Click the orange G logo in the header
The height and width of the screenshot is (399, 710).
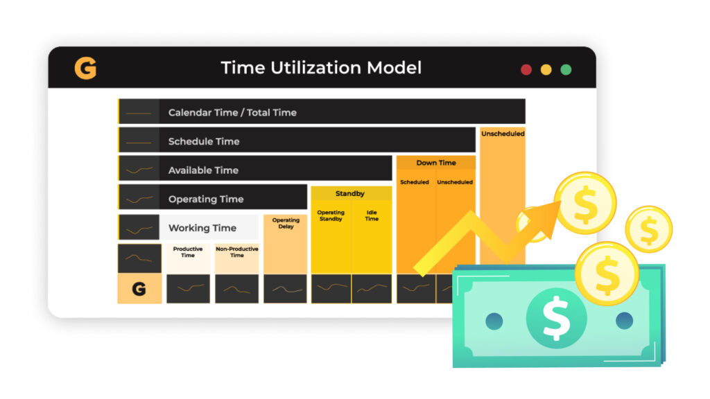[85, 69]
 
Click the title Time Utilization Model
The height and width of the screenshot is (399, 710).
[321, 68]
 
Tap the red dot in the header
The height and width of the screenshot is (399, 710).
[526, 70]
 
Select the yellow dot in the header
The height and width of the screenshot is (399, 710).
[546, 70]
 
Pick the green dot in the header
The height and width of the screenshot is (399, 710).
[566, 70]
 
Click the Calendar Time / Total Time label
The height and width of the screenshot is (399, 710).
[232, 113]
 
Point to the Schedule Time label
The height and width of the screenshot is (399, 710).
[204, 141]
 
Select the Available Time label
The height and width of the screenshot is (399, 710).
[203, 170]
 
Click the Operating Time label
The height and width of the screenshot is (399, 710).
[206, 199]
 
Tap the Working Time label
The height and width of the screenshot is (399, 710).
[202, 228]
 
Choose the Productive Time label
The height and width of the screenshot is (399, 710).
[188, 252]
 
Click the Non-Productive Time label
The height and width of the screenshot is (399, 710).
[237, 252]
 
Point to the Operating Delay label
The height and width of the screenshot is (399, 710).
[286, 223]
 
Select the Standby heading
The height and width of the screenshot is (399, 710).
[350, 194]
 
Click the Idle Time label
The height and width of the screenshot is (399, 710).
[372, 215]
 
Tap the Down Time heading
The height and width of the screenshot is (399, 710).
[436, 163]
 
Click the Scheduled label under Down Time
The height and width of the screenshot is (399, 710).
[415, 182]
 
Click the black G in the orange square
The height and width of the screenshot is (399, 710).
[139, 289]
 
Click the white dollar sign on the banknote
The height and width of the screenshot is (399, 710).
[557, 318]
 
